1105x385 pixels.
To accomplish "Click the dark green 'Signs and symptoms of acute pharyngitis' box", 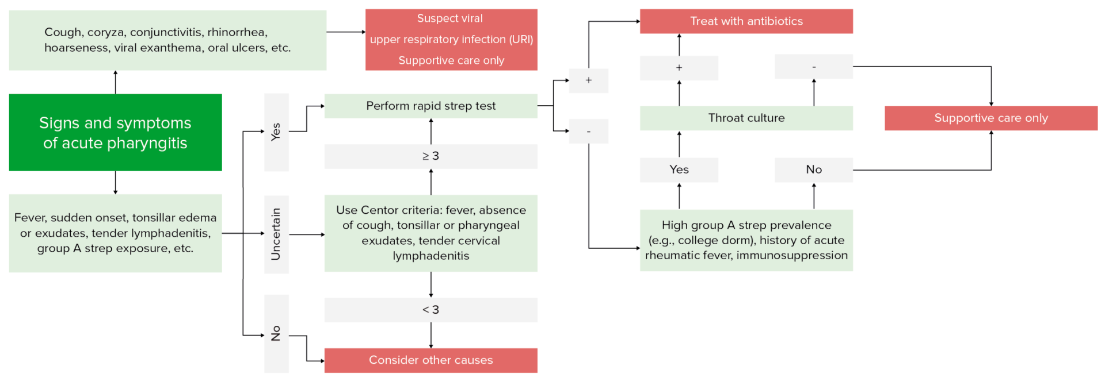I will point(115,132).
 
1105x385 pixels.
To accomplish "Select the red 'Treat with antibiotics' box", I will point(746,21).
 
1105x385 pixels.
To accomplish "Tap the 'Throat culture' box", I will point(746,118).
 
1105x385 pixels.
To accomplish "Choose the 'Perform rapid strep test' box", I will point(430,106).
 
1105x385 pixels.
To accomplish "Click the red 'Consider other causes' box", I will point(430,360).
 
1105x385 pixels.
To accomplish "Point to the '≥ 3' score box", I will point(430,156).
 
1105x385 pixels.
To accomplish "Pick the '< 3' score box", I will point(430,310).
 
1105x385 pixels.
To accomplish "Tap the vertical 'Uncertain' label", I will point(276,234).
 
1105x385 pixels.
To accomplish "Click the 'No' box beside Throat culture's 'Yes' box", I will point(813,170).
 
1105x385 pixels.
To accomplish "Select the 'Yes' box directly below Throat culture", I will point(679,170).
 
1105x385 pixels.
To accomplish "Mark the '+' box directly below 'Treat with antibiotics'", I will point(679,68).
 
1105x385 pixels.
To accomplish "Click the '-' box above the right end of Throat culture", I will point(813,67).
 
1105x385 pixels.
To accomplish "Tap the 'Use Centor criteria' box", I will point(430,233).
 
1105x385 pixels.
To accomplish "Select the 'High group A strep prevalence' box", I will point(746,240).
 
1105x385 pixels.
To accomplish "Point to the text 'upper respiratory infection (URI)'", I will point(451,40).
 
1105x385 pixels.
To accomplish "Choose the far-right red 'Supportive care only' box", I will point(990,118).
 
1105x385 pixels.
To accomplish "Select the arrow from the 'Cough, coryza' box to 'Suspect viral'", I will point(345,32).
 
